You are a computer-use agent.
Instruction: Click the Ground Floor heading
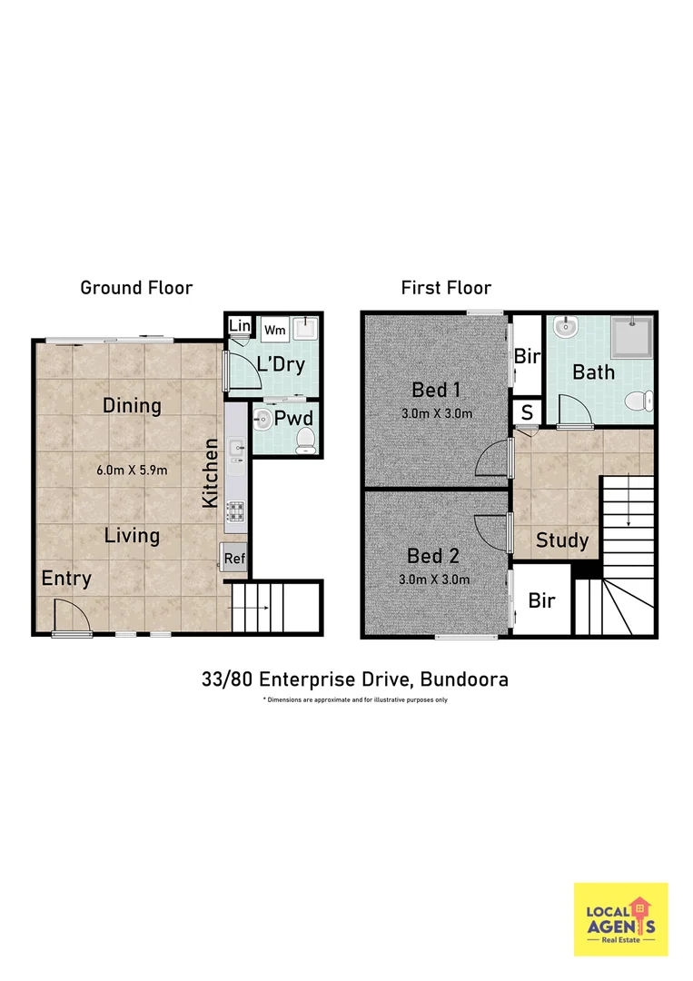tap(136, 288)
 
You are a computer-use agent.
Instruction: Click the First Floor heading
tap(446, 288)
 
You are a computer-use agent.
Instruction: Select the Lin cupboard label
tap(239, 326)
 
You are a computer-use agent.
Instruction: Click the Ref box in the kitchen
tap(233, 559)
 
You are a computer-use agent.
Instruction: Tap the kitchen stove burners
tap(236, 512)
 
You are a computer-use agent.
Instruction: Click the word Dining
tap(132, 405)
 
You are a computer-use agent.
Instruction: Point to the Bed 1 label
tap(435, 390)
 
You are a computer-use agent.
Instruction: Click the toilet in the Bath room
tap(642, 398)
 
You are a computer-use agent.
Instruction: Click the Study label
tap(562, 540)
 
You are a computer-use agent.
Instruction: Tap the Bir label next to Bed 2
tap(542, 600)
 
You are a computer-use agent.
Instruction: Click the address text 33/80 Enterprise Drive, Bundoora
tap(355, 679)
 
